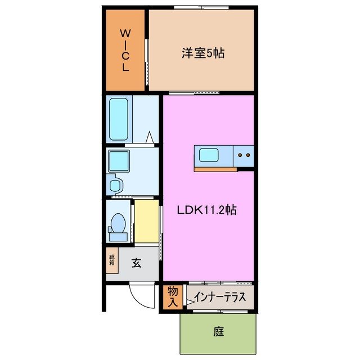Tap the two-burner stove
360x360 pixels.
(x=244, y=155)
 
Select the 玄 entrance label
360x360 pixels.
(x=137, y=263)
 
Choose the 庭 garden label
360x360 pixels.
(x=218, y=332)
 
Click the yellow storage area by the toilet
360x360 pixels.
(x=146, y=221)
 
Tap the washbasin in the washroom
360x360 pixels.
(x=115, y=184)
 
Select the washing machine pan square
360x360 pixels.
(x=119, y=161)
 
